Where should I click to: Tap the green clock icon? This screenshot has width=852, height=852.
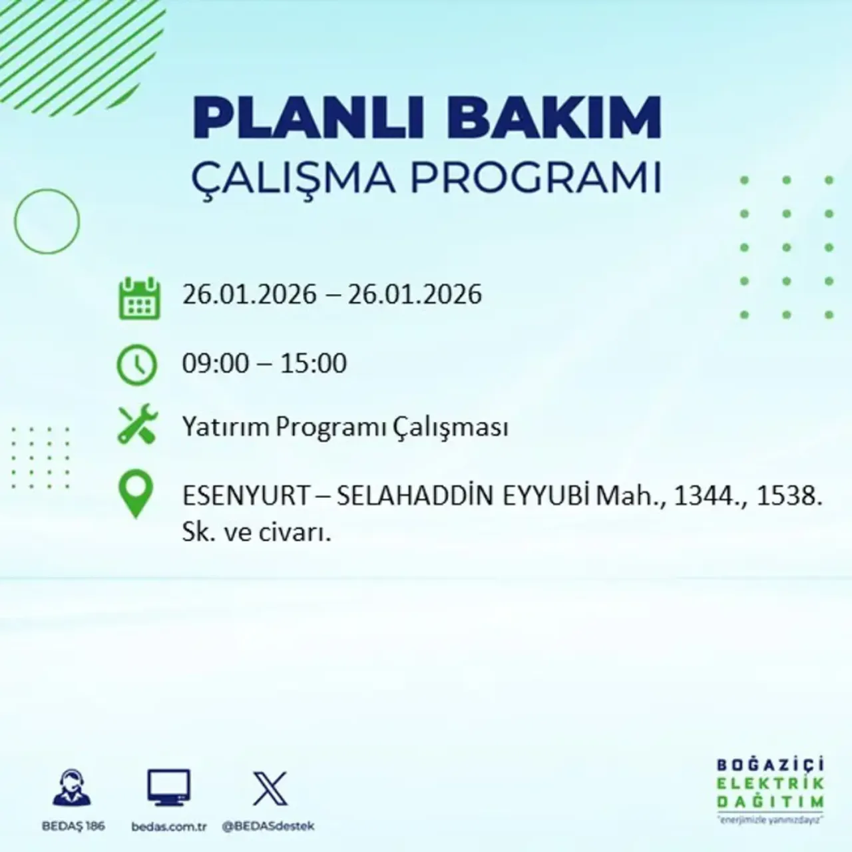point(137,365)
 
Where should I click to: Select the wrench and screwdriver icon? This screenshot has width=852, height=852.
point(137,426)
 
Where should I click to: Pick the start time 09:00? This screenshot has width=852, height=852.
point(215,363)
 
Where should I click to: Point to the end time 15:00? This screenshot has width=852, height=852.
point(314,363)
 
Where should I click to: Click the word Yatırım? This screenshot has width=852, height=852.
point(226,427)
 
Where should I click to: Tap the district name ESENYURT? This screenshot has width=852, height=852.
point(246,496)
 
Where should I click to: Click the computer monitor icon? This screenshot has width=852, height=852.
point(168,789)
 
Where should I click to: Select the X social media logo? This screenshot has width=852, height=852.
point(270,789)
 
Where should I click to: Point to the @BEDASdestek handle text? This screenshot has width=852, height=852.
point(268,827)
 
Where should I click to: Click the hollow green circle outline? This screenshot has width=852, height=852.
point(47,221)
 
